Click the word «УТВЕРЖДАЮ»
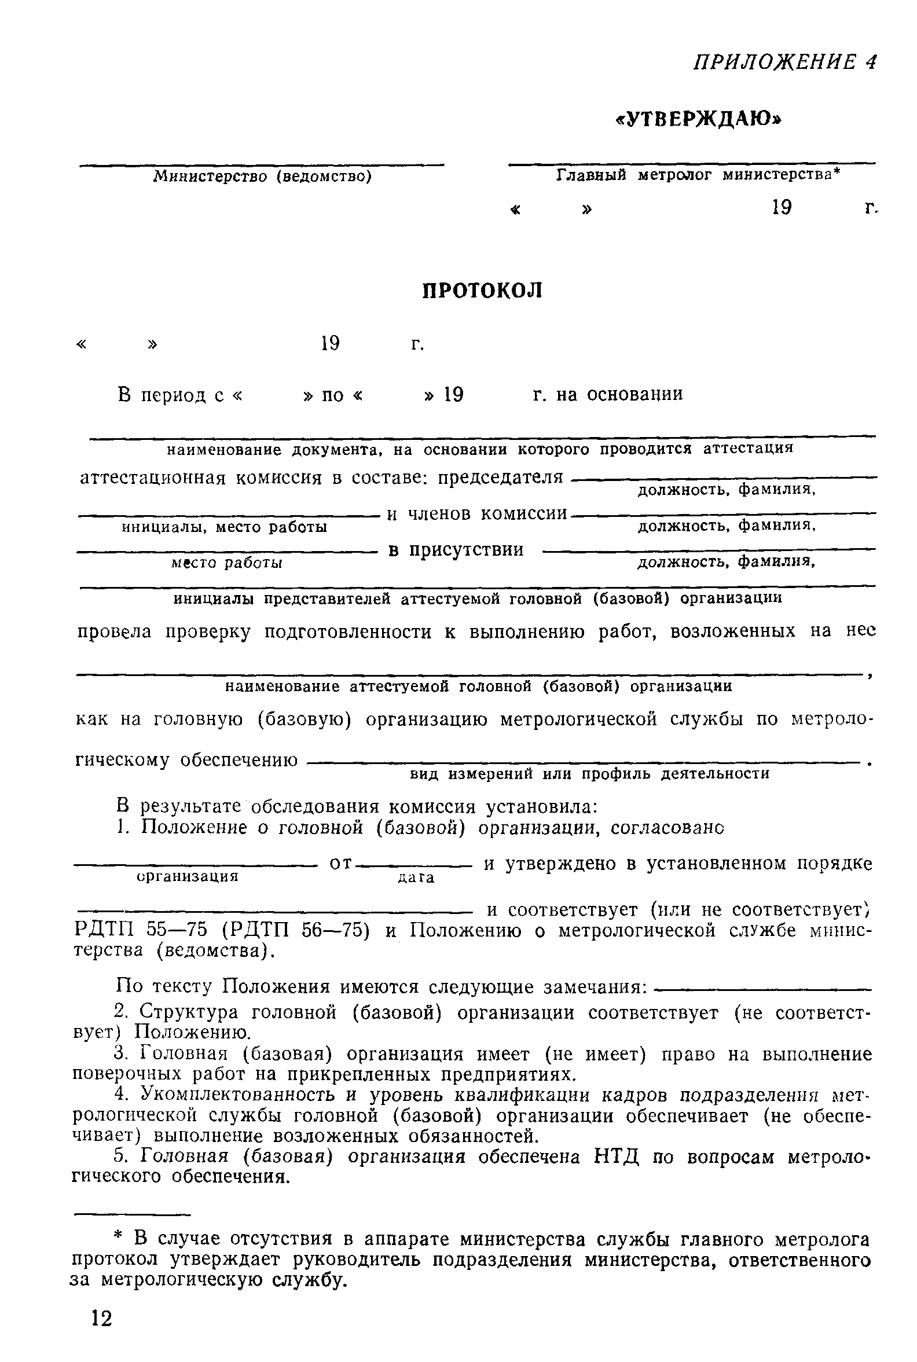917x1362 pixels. (x=699, y=119)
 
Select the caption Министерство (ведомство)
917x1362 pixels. (x=263, y=176)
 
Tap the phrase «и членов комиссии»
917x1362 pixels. (x=477, y=513)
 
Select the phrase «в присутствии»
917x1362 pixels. (x=456, y=550)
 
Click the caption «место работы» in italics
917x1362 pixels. (x=227, y=563)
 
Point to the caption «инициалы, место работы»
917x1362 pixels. (x=224, y=527)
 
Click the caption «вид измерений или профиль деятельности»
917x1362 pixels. (x=589, y=774)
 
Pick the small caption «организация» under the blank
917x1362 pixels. (x=188, y=876)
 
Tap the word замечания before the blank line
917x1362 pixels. (x=595, y=987)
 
